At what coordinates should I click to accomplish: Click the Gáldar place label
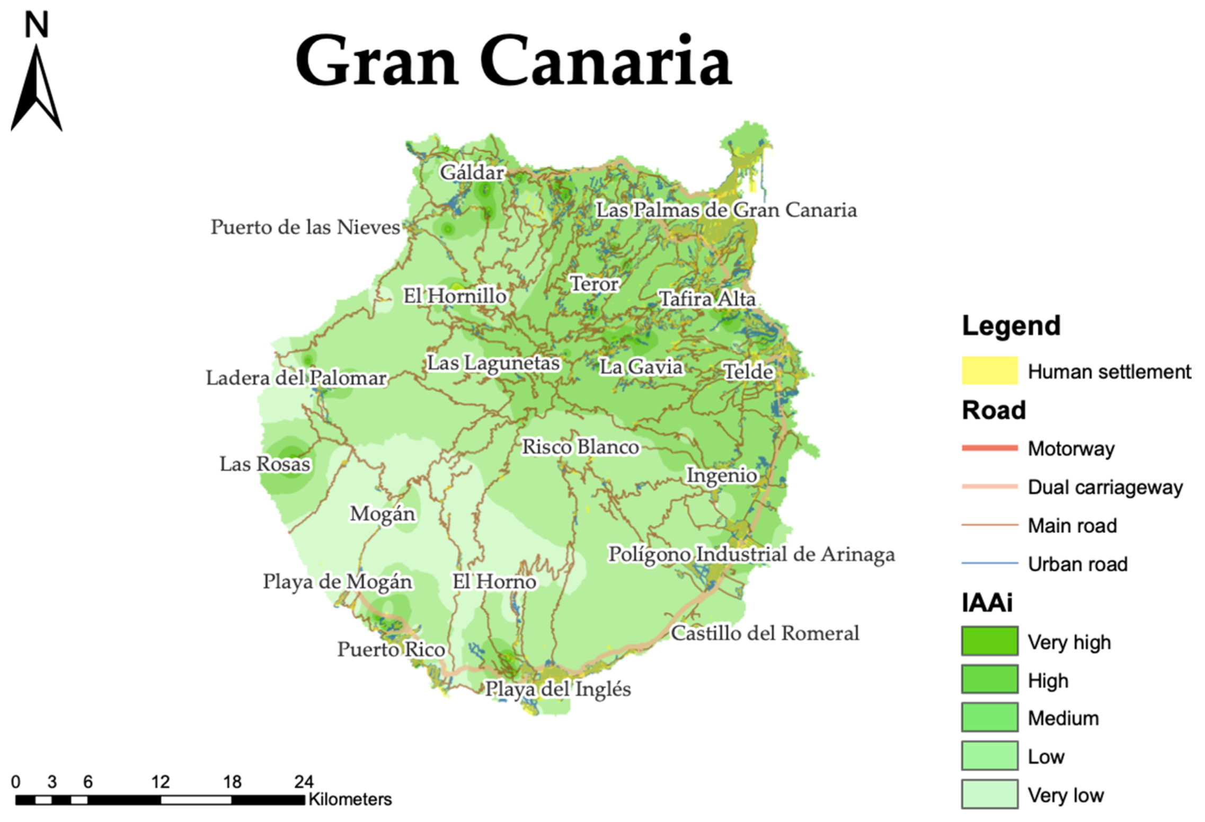click(x=472, y=172)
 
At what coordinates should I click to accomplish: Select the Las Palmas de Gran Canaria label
click(x=726, y=210)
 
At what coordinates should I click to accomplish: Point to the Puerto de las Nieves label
click(x=305, y=227)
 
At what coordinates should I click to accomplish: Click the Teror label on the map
click(x=594, y=284)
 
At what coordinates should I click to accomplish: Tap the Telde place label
click(x=748, y=372)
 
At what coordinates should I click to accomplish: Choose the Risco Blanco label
click(x=580, y=447)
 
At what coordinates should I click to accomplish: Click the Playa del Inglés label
click(x=558, y=689)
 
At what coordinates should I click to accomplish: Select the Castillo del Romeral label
click(x=765, y=633)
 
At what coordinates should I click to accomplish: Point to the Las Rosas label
click(x=265, y=464)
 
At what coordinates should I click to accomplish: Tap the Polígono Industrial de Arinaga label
click(x=751, y=554)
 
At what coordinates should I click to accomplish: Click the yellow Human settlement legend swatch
click(x=989, y=370)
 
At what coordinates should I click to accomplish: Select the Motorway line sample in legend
click(x=989, y=448)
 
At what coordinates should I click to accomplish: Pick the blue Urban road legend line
click(x=989, y=563)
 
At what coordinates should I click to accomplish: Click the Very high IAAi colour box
click(x=989, y=641)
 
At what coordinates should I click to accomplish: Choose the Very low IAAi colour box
click(x=989, y=794)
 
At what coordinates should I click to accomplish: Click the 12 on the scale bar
click(x=160, y=782)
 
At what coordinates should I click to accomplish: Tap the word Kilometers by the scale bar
click(x=350, y=799)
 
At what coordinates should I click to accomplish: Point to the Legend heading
click(x=1011, y=325)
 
